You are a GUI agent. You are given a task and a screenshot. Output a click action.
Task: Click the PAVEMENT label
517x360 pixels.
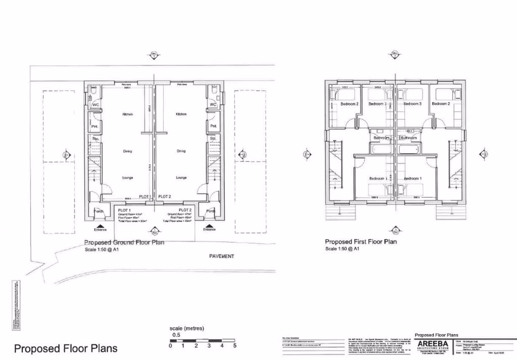tap(221, 256)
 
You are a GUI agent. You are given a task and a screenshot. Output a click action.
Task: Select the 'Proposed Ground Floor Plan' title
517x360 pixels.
tap(124, 242)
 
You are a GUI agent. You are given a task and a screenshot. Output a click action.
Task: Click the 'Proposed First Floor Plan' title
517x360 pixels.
tap(361, 242)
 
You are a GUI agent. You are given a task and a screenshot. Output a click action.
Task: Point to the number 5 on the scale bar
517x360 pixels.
tap(234, 346)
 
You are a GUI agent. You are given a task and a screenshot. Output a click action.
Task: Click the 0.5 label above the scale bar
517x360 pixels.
tap(176, 335)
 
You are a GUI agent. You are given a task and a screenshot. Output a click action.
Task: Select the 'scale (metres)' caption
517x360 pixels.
tap(186, 328)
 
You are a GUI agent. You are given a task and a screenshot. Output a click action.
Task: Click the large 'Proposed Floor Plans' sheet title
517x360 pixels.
tap(65, 348)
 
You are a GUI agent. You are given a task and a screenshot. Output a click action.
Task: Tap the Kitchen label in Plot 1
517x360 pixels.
tap(127, 114)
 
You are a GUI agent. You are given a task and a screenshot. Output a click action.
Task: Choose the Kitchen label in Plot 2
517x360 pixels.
tap(181, 114)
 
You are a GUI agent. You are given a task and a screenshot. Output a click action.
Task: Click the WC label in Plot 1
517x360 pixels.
tap(96, 105)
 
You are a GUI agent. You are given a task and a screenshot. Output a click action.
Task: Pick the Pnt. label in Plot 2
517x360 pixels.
tap(213, 126)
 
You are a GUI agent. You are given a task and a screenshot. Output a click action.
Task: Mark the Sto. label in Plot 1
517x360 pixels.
tap(96, 139)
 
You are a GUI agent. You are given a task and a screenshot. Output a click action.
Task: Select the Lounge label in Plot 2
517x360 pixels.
tap(181, 178)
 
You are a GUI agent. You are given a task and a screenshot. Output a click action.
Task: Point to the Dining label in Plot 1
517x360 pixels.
tap(127, 151)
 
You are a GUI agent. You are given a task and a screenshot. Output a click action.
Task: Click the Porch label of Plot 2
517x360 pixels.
tap(210, 211)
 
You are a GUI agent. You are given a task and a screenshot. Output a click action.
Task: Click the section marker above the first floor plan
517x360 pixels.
tap(393, 55)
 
